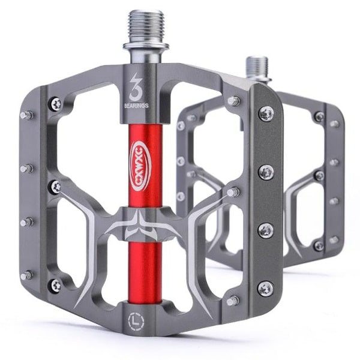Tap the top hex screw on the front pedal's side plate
point(266,113)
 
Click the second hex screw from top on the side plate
point(266,172)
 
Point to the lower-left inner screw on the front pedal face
point(55,285)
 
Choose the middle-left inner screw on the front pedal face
point(56,187)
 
